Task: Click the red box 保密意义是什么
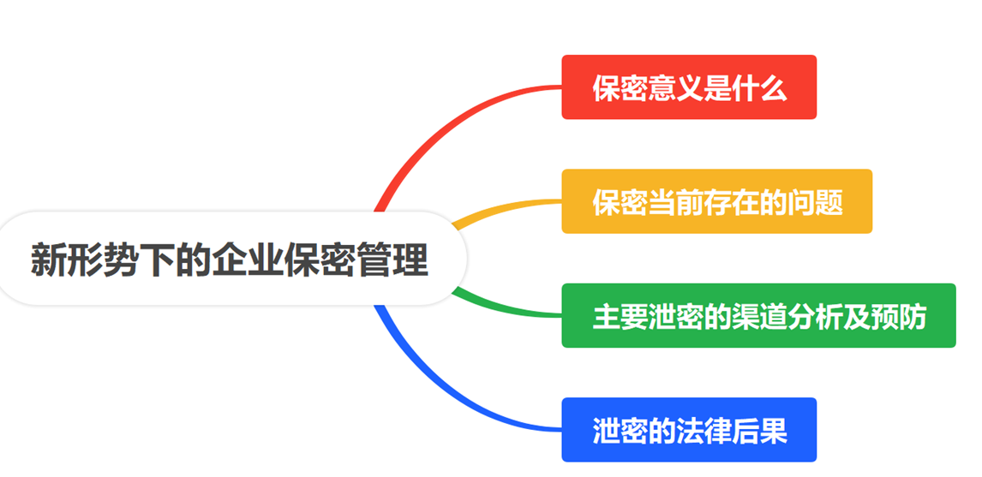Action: coord(689,87)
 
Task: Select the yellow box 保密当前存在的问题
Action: coord(716,201)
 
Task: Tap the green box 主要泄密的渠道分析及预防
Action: coord(758,316)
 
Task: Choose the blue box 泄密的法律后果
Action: coord(689,430)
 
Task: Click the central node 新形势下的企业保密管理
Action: coord(230,259)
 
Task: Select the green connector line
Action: coord(506,311)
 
